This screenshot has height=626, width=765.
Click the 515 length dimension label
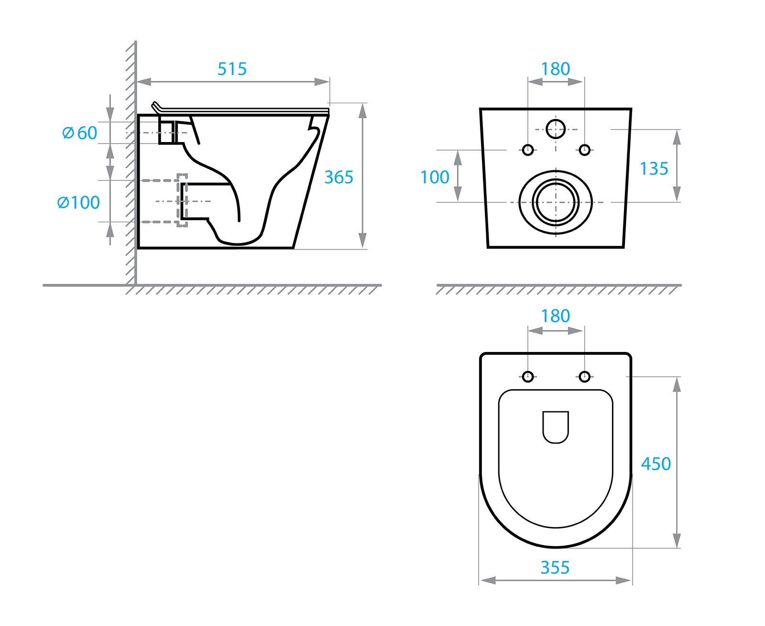(232, 68)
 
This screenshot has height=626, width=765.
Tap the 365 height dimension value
(339, 177)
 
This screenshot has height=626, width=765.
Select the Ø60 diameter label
(80, 133)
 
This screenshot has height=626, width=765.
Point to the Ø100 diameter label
(78, 202)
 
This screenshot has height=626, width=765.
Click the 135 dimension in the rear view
(654, 169)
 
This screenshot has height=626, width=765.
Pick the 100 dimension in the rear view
(435, 177)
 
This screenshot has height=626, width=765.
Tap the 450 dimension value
(656, 464)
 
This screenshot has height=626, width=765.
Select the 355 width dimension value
(555, 568)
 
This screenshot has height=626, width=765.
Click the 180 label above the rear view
(555, 68)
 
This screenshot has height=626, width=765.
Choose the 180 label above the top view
(555, 316)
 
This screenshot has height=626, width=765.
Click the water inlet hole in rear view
(555, 129)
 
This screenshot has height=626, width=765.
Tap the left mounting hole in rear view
(528, 150)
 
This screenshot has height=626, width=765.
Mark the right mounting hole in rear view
(584, 150)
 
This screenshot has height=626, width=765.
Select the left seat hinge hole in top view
(528, 377)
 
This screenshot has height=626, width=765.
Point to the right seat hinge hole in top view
(584, 377)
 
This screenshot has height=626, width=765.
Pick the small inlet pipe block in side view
(165, 132)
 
